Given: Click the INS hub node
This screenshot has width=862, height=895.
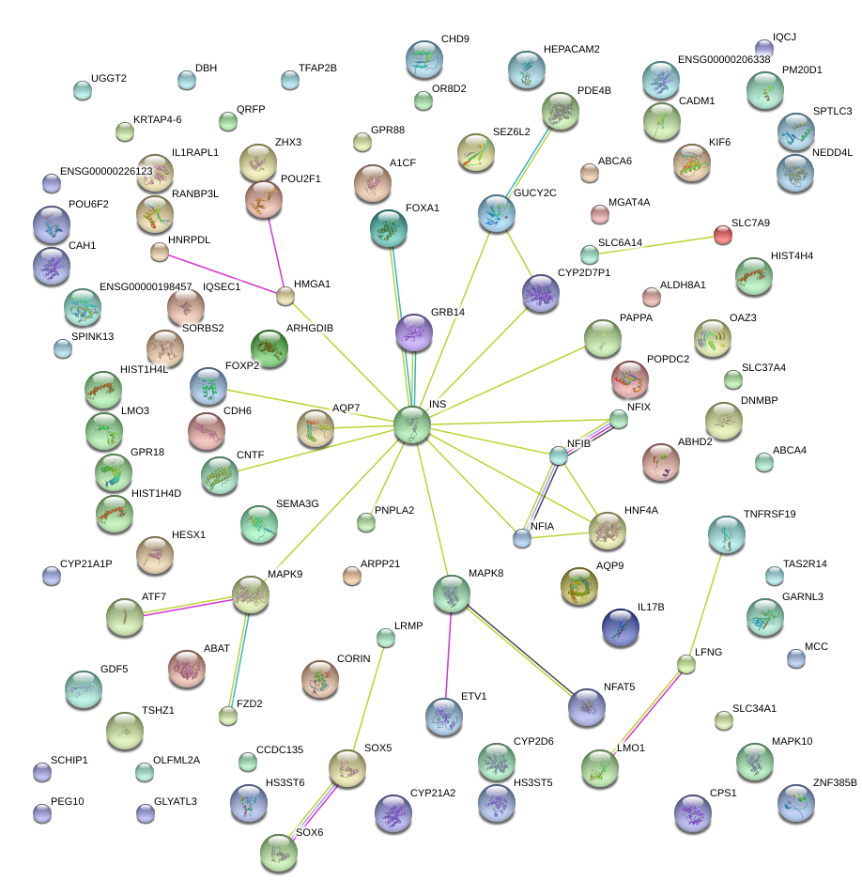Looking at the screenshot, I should click(x=412, y=424).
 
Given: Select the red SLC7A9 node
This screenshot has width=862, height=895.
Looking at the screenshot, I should click(x=722, y=235).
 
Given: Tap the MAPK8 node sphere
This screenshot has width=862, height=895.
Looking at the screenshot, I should click(x=452, y=593).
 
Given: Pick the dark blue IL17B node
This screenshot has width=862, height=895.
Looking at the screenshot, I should click(x=620, y=626).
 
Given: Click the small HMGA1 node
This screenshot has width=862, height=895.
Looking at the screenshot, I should click(x=285, y=297).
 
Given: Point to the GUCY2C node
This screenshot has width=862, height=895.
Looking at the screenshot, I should click(x=497, y=213).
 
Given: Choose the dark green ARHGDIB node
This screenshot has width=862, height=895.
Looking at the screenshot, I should click(x=269, y=348).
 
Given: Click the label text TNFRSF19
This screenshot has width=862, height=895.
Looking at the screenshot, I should click(x=769, y=514).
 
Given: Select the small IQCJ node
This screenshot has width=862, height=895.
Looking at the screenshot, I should click(x=764, y=48).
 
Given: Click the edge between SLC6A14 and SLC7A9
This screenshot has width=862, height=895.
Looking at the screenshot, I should click(x=655, y=244).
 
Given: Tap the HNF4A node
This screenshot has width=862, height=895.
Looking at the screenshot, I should click(x=607, y=531).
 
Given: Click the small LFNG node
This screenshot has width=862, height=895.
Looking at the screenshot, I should click(x=686, y=665).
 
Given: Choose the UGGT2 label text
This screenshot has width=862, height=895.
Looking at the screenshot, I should click(x=109, y=78).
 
